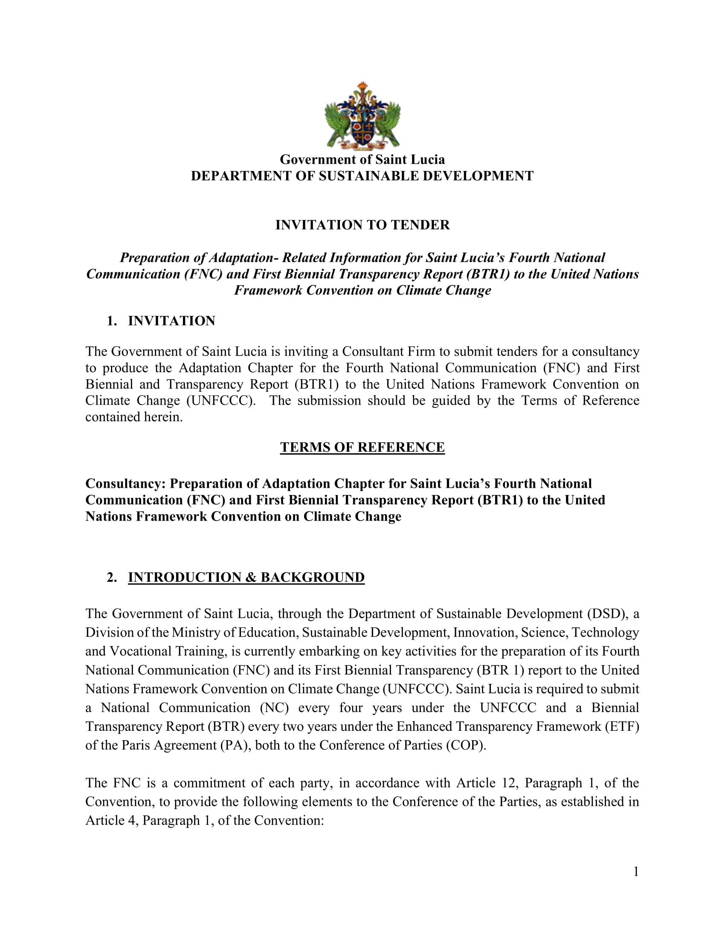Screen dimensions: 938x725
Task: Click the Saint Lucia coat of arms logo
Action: click(362, 116)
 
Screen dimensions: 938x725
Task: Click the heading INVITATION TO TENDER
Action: click(362, 225)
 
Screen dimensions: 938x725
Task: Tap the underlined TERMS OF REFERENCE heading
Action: click(362, 447)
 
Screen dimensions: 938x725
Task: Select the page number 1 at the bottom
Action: click(636, 871)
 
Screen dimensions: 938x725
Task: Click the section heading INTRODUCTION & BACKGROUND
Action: click(246, 577)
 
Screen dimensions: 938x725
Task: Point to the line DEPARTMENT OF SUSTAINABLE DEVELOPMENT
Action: click(362, 176)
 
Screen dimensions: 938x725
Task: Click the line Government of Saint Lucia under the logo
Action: click(362, 160)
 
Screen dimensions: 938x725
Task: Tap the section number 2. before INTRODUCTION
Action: click(112, 577)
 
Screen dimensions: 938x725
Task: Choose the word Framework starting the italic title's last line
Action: click(268, 290)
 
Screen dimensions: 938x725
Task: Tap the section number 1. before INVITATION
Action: click(112, 321)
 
